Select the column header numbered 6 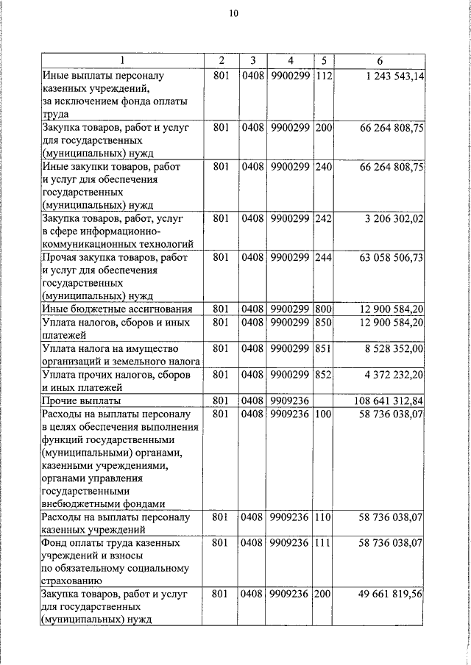point(379,60)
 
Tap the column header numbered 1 point(122,60)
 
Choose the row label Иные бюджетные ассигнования point(117,309)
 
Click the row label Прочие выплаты point(82,401)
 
